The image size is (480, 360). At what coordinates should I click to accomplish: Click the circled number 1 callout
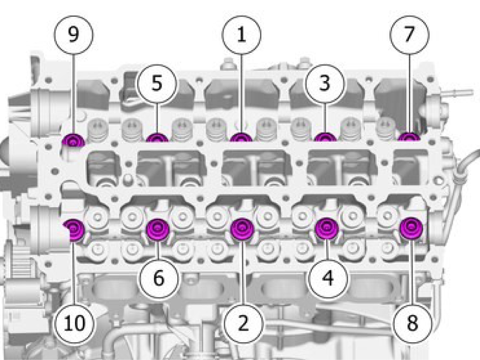click(x=242, y=35)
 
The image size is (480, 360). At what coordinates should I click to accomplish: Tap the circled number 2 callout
click(x=243, y=323)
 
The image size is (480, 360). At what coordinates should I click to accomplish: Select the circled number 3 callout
click(x=325, y=83)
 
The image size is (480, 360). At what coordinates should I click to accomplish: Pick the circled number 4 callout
click(x=328, y=278)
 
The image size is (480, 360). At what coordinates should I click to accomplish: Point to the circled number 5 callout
click(x=157, y=83)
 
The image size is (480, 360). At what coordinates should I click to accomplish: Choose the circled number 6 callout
click(x=158, y=278)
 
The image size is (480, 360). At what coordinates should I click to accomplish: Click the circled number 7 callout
click(x=409, y=35)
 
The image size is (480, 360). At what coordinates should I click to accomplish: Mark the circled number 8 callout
click(x=412, y=323)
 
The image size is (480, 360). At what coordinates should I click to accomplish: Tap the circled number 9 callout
click(x=74, y=35)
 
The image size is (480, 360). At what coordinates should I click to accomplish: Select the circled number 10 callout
click(x=75, y=323)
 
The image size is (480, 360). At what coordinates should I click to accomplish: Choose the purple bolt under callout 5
click(x=157, y=138)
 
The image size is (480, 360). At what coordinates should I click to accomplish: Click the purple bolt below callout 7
click(x=409, y=137)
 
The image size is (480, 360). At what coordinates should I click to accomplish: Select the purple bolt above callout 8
click(x=411, y=228)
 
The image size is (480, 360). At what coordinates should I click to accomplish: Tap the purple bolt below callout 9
click(x=73, y=141)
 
